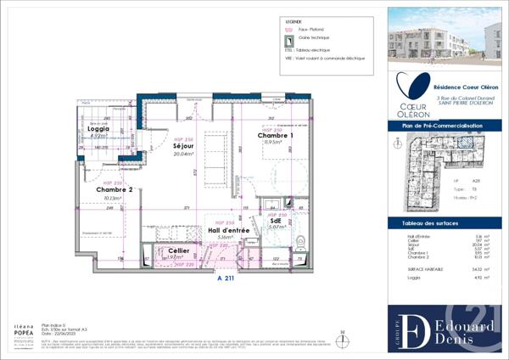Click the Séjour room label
coord(185,147)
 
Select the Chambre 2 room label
coord(115,189)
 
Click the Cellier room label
coord(178,251)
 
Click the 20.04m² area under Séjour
coord(185,155)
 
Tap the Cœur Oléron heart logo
coord(415,88)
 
